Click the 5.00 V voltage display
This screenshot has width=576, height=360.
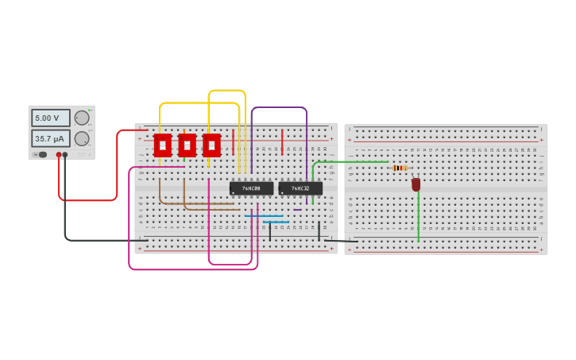pos(50,118)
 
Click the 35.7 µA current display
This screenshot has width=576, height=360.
pos(50,138)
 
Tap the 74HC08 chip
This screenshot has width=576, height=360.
pos(251,188)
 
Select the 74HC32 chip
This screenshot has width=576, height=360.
pos(300,188)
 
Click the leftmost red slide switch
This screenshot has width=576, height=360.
pos(163,145)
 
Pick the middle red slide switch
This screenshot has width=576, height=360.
pos(187,145)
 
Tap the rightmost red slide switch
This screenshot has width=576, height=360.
pos(211,145)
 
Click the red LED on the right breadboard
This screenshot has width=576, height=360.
pos(416,184)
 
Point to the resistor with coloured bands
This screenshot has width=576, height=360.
pos(400,168)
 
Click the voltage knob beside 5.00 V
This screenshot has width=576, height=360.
pos(82,118)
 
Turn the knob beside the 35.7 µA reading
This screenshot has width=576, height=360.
pos(82,138)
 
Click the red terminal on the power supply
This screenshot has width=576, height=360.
pos(59,155)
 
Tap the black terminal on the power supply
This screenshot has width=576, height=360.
pos(65,155)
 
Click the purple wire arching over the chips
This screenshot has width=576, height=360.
pos(278,107)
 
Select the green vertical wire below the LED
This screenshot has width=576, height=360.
pos(419,219)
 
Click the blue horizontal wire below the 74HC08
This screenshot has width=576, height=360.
pos(264,216)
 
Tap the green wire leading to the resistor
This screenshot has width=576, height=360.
pos(350,162)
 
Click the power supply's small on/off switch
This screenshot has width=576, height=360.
pos(41,155)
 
